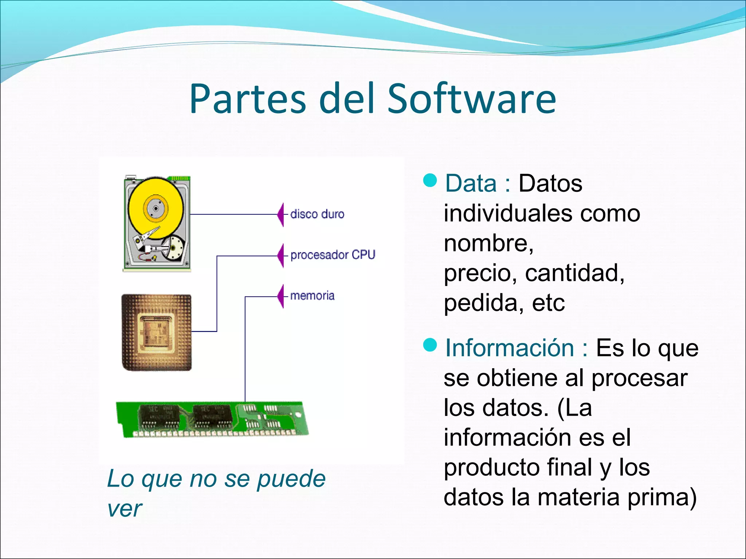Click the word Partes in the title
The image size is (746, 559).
[248, 99]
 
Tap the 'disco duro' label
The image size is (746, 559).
[317, 214]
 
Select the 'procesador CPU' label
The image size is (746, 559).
[333, 255]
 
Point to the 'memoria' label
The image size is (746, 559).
[312, 296]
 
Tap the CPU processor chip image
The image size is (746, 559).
[157, 332]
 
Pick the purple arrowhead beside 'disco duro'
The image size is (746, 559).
[281, 215]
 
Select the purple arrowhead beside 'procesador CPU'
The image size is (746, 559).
[281, 255]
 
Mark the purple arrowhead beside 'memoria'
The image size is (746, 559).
[281, 296]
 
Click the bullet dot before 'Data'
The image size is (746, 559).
[430, 180]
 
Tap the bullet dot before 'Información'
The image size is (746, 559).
[430, 345]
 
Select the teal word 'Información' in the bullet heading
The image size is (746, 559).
[510, 348]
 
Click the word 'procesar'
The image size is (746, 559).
[639, 378]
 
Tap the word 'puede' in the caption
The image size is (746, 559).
[291, 480]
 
